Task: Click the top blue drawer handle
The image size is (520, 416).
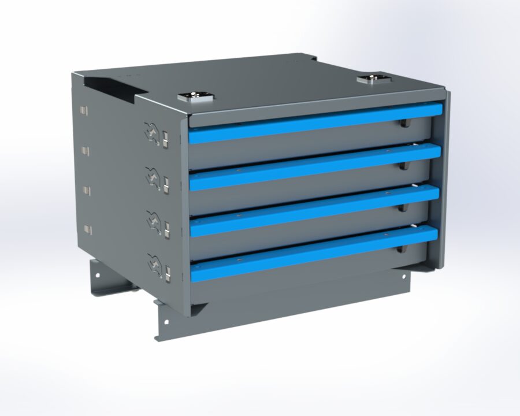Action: tap(315, 124)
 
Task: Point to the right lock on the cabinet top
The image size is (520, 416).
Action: tap(370, 79)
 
